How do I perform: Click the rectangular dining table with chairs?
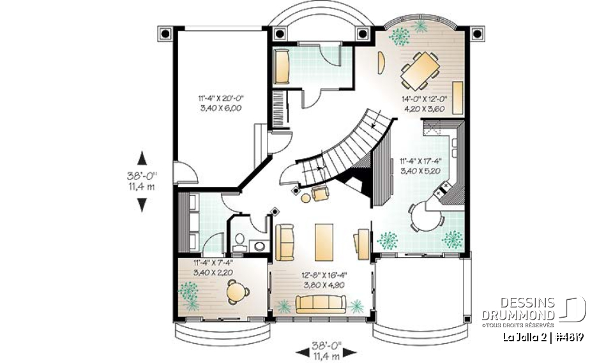point(420,71)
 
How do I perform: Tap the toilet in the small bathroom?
point(240,241)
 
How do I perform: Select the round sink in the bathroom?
point(259,244)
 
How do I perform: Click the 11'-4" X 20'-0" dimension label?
point(221,98)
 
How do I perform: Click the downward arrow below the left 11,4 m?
point(142,204)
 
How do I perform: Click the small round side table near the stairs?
point(306,198)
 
